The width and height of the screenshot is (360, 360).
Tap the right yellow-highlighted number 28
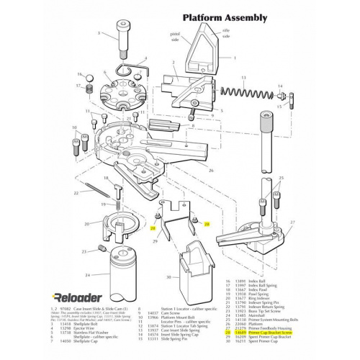pyautogui.click(x=207, y=224)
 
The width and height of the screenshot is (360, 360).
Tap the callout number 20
pyautogui.click(x=88, y=224)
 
